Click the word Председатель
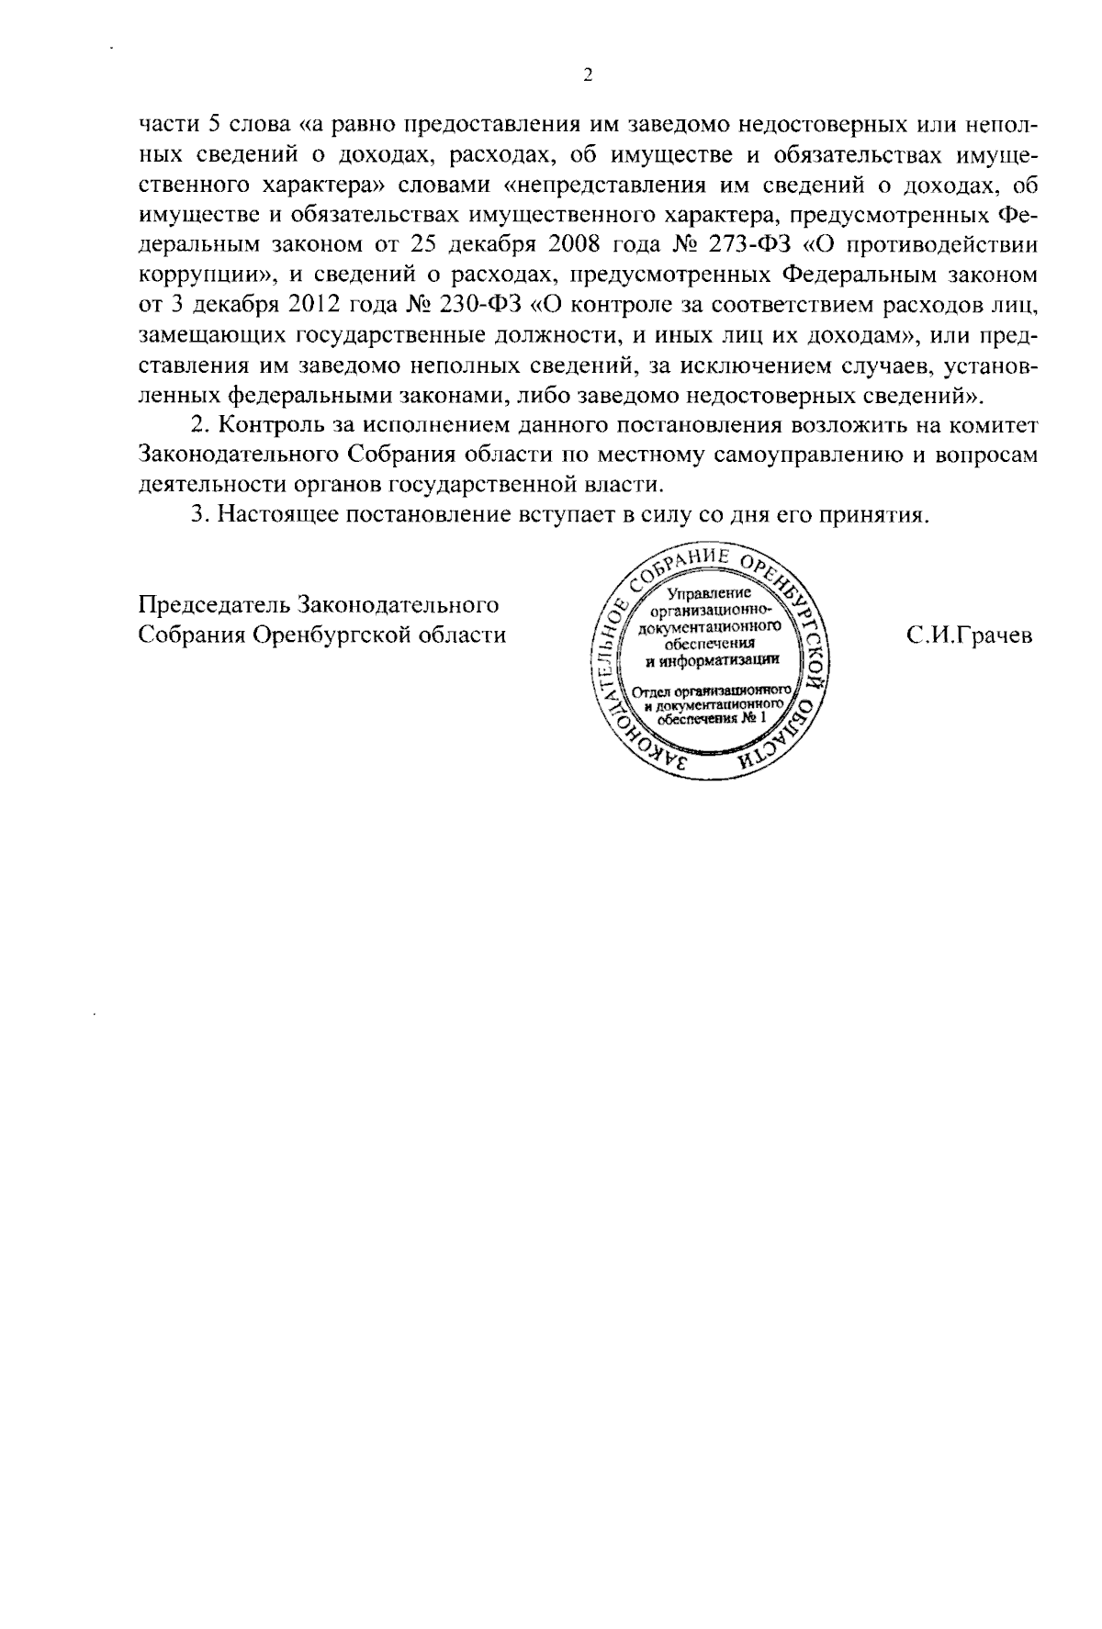(x=208, y=606)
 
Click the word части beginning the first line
(x=162, y=126)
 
